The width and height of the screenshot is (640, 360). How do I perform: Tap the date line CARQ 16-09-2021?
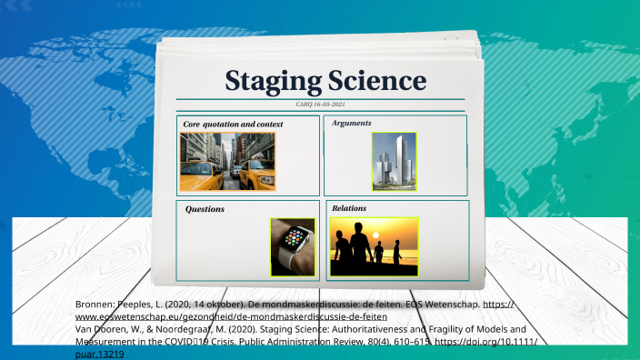tap(320, 105)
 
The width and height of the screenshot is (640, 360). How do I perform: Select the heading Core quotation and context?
tap(228, 123)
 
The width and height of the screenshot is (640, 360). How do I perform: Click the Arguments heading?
tap(352, 123)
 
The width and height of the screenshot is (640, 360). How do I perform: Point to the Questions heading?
tap(205, 209)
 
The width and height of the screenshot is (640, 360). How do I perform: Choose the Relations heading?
tap(349, 208)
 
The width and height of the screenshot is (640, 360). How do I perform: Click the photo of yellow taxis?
tap(227, 162)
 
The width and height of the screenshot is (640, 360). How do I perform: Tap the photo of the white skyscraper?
tap(394, 162)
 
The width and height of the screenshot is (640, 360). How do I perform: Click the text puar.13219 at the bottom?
tap(97, 355)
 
